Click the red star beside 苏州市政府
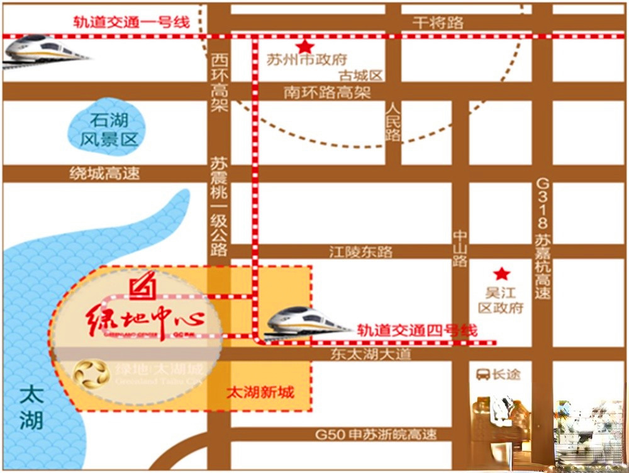click(x=305, y=47)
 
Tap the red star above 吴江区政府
click(x=501, y=274)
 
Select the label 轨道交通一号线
click(x=131, y=22)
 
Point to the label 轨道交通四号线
click(x=417, y=329)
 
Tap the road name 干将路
click(x=438, y=23)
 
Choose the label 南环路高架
click(x=327, y=93)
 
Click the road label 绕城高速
click(x=104, y=174)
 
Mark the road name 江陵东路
click(x=360, y=252)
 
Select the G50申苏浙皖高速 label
click(x=376, y=435)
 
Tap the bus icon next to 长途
click(x=482, y=374)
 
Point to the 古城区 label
click(x=360, y=76)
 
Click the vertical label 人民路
click(x=393, y=122)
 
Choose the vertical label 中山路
click(x=460, y=248)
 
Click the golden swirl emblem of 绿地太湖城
click(x=91, y=374)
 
